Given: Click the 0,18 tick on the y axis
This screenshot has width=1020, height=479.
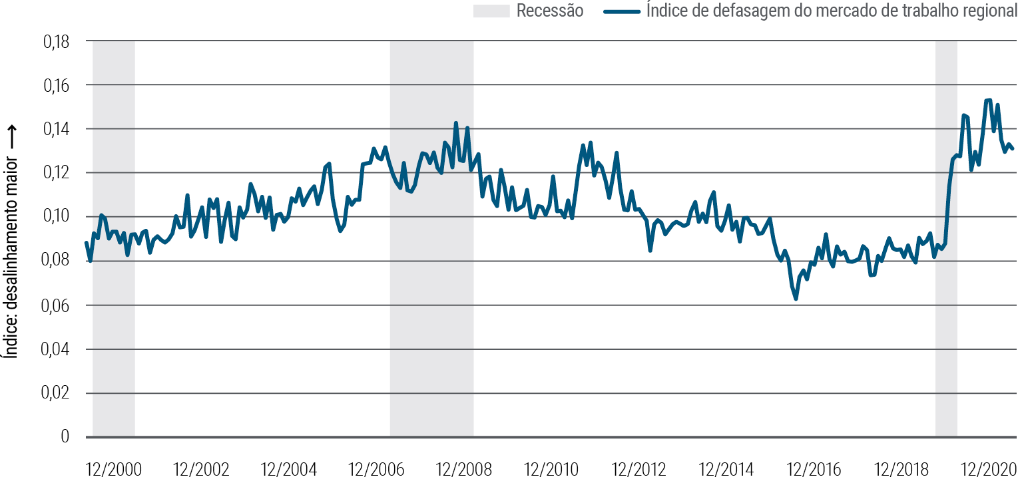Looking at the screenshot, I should click(x=57, y=42).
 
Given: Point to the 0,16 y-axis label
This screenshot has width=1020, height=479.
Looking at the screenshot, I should click(x=57, y=86).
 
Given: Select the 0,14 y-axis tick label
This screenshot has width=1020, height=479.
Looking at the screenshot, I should click(x=57, y=130).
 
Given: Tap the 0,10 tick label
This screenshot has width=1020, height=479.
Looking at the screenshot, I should click(x=57, y=218).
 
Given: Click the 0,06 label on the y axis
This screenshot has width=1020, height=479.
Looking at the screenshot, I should click(x=57, y=305).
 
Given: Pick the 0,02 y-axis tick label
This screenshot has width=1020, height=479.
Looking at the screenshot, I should click(x=57, y=393).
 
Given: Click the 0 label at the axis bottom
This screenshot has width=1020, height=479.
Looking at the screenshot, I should click(x=65, y=437).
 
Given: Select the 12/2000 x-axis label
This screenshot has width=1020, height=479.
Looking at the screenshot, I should click(x=114, y=469).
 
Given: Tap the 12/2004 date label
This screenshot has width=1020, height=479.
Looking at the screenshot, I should click(x=288, y=469).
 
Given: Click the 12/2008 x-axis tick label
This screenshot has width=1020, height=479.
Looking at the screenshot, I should click(x=463, y=469).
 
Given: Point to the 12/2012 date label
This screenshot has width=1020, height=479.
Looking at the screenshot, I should click(x=638, y=469).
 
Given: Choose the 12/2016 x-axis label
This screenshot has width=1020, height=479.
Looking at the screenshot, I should click(x=813, y=469).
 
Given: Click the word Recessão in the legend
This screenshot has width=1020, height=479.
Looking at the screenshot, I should click(x=550, y=11).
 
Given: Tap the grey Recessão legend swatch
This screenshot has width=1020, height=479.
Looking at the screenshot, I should click(x=491, y=11).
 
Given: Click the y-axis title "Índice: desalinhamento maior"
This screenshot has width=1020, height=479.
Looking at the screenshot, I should click(x=11, y=253).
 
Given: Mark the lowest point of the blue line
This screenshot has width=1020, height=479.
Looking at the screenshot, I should click(x=796, y=299).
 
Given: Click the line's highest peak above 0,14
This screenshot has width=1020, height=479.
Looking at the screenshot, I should click(x=989, y=100).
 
